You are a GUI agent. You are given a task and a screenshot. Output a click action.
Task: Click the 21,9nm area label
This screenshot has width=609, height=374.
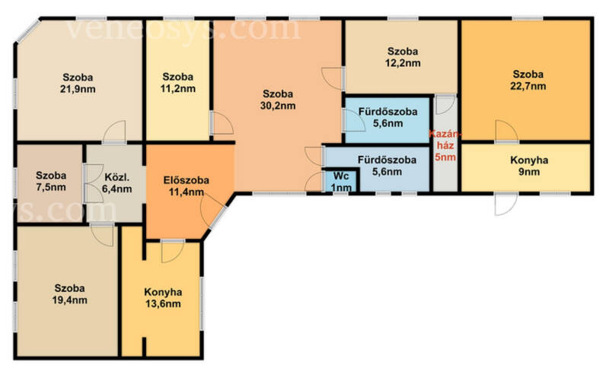point(78,89)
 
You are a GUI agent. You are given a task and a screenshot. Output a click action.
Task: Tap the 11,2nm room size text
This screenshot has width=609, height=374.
point(178,88)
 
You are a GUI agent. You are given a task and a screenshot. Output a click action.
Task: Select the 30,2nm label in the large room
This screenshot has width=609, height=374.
point(278,106)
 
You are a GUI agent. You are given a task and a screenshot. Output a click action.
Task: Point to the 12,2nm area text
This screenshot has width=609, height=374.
point(403,63)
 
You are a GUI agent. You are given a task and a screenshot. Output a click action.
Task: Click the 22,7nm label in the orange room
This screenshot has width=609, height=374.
point(528,86)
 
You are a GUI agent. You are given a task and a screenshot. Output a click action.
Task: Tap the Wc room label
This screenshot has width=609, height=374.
point(341,176)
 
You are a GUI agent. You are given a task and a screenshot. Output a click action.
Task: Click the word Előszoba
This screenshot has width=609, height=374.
point(186,180)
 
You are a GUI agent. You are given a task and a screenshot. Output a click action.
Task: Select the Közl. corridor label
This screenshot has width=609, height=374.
point(117,177)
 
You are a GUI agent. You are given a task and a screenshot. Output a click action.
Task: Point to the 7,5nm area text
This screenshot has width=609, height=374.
point(51,188)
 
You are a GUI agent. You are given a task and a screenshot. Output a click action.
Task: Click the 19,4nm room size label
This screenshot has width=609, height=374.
point(69,300)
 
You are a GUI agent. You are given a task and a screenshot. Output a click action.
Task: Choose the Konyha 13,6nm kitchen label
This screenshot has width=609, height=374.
point(163,297)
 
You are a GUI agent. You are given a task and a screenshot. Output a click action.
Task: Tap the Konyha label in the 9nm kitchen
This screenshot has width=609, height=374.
point(529,160)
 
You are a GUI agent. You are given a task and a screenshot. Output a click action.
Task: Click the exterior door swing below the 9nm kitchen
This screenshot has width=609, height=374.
point(506,204)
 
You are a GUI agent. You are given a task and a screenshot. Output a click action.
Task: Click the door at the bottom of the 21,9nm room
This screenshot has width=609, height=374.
point(115,132)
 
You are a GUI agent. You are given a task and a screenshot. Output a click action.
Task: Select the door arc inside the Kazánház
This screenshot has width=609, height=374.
point(445,104)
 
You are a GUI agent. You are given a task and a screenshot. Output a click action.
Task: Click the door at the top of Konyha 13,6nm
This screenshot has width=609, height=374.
point(173,252)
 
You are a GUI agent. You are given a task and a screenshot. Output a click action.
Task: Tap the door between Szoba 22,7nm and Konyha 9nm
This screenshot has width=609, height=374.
point(506,132)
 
